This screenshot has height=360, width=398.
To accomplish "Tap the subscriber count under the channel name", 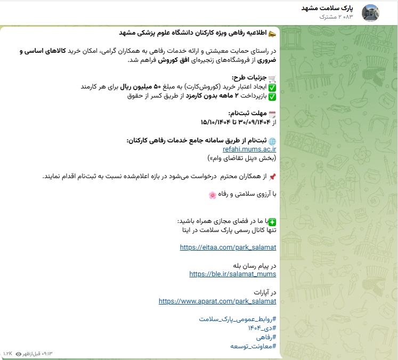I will coord(336,17).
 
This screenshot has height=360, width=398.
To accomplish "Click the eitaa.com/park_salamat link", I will coord(228,247).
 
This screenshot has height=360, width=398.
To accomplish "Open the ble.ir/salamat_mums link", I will coord(233,274).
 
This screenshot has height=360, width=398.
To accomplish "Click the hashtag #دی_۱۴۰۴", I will coord(262,328).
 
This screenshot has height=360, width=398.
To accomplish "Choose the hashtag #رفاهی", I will coord(266,337).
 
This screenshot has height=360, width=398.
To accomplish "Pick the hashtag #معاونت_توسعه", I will coord(254,346).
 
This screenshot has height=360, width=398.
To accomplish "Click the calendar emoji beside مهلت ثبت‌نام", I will coord(272,114).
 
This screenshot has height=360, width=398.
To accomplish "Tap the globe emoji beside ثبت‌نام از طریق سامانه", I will coord(272,141).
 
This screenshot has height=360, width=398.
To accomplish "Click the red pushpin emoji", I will coord(272,177).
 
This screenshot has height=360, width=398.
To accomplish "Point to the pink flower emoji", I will coord(212,195).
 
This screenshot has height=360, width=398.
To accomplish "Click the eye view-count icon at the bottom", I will coord(19,353).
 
